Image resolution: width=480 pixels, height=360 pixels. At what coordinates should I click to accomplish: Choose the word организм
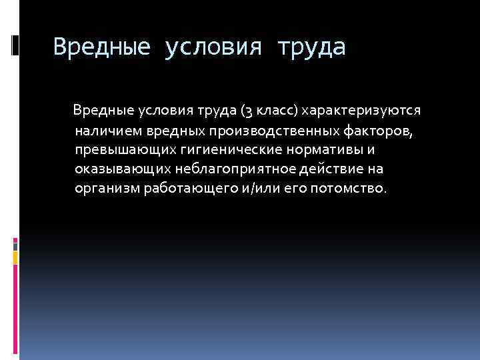(x=107, y=189)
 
